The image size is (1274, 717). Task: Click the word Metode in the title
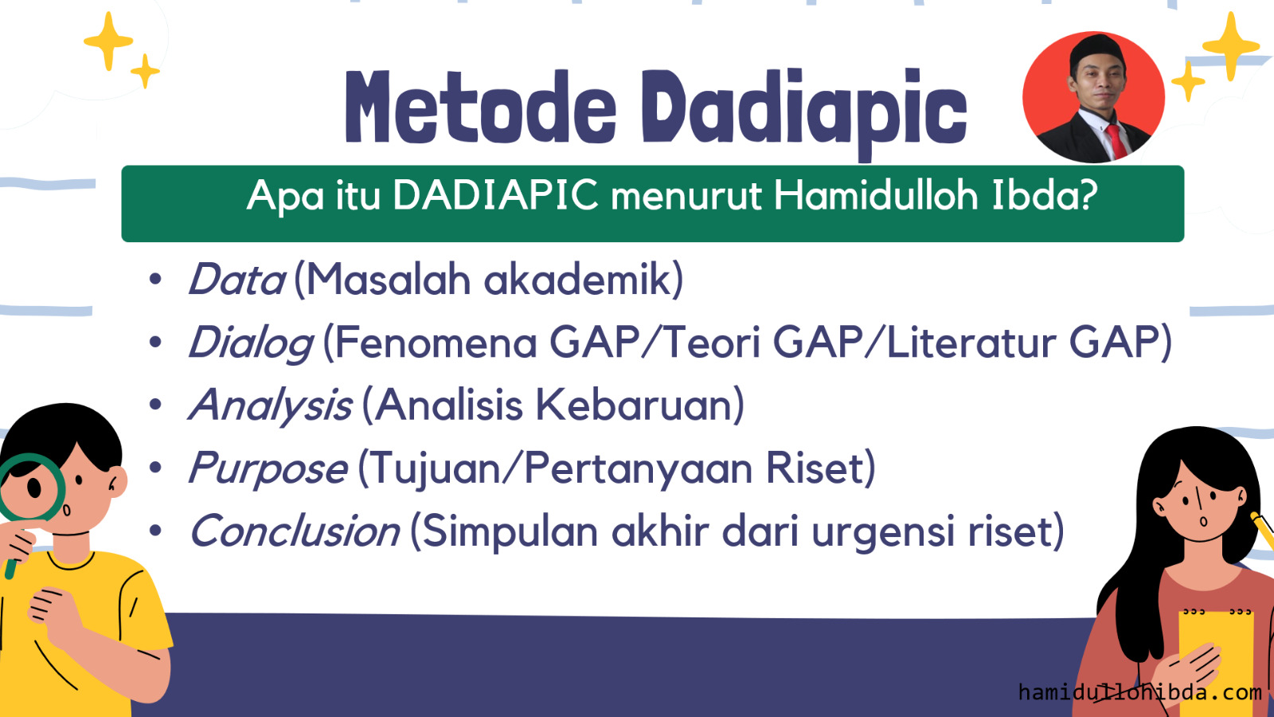coord(481,107)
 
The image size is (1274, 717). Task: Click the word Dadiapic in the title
coord(805,114)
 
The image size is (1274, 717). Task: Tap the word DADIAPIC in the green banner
coord(496,195)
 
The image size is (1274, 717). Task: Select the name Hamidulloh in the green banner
coord(876,194)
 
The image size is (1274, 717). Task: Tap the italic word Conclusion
coord(295,531)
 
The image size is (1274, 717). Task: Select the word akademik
coord(577,280)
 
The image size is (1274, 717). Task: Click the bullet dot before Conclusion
coord(155,531)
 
